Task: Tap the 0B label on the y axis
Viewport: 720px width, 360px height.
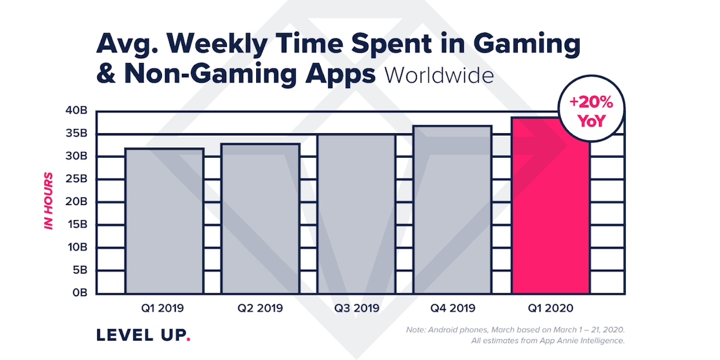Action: [80, 293]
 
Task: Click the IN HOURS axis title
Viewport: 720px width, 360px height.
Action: [49, 200]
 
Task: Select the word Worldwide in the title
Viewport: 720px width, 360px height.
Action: [439, 76]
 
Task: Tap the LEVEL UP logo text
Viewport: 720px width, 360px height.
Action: [140, 335]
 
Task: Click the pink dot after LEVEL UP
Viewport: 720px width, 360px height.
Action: [188, 340]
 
